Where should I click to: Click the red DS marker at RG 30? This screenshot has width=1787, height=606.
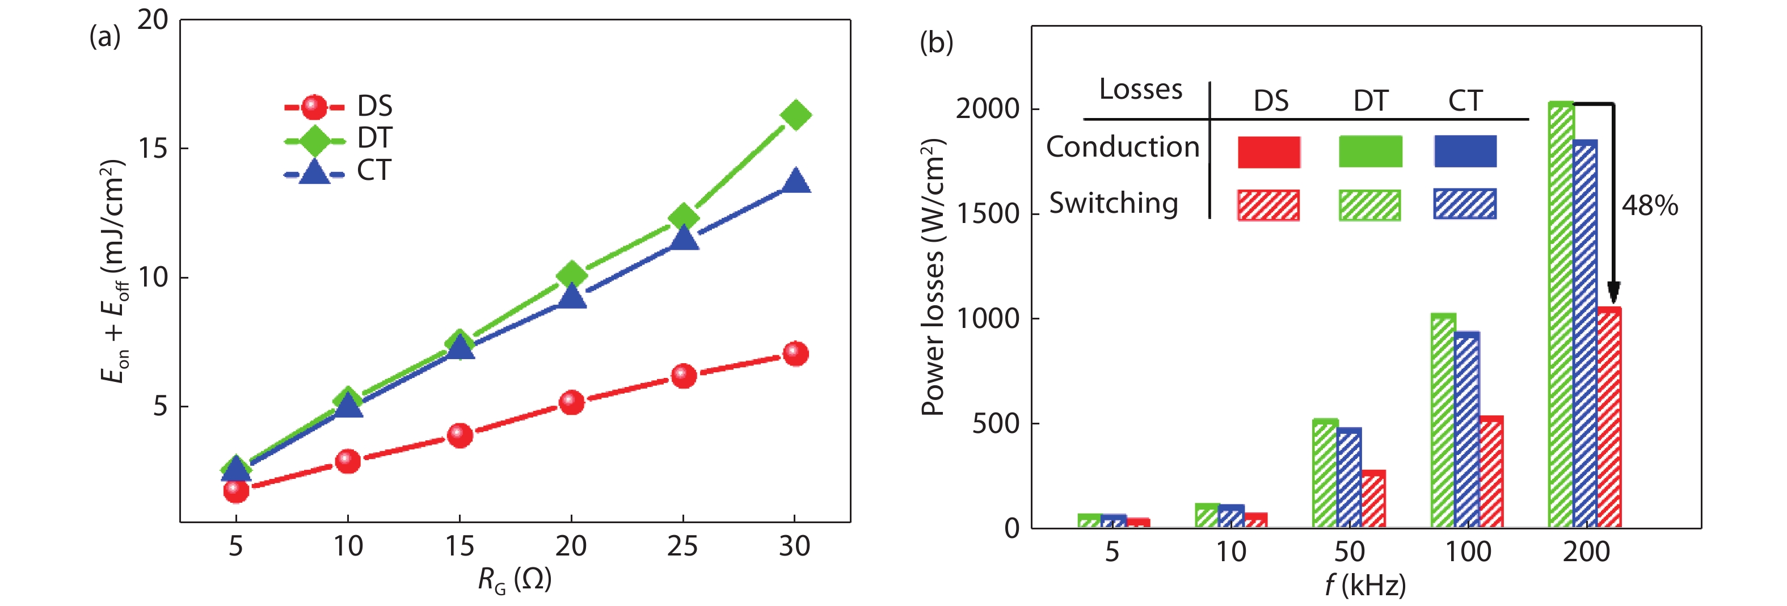(795, 354)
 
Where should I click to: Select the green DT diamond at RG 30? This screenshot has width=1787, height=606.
(795, 115)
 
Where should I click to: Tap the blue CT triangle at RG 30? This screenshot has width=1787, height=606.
(795, 182)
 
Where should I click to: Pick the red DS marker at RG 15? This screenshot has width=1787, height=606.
(460, 435)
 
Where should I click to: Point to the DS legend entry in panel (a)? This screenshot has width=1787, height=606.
(339, 106)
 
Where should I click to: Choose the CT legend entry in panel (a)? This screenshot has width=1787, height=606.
(339, 171)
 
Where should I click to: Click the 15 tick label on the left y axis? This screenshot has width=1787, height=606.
(153, 149)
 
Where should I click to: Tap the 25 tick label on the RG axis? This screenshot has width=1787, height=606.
(682, 547)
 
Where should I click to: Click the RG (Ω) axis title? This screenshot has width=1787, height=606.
(514, 579)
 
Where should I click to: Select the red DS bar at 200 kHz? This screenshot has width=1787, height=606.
(1609, 416)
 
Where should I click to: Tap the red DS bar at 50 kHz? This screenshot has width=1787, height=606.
(1373, 498)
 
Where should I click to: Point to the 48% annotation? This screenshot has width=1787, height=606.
(1650, 205)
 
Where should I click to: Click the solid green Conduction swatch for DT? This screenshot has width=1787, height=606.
(1370, 152)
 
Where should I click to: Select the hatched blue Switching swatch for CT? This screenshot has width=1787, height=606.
(1464, 204)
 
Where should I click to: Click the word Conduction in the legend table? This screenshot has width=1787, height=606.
(1123, 147)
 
